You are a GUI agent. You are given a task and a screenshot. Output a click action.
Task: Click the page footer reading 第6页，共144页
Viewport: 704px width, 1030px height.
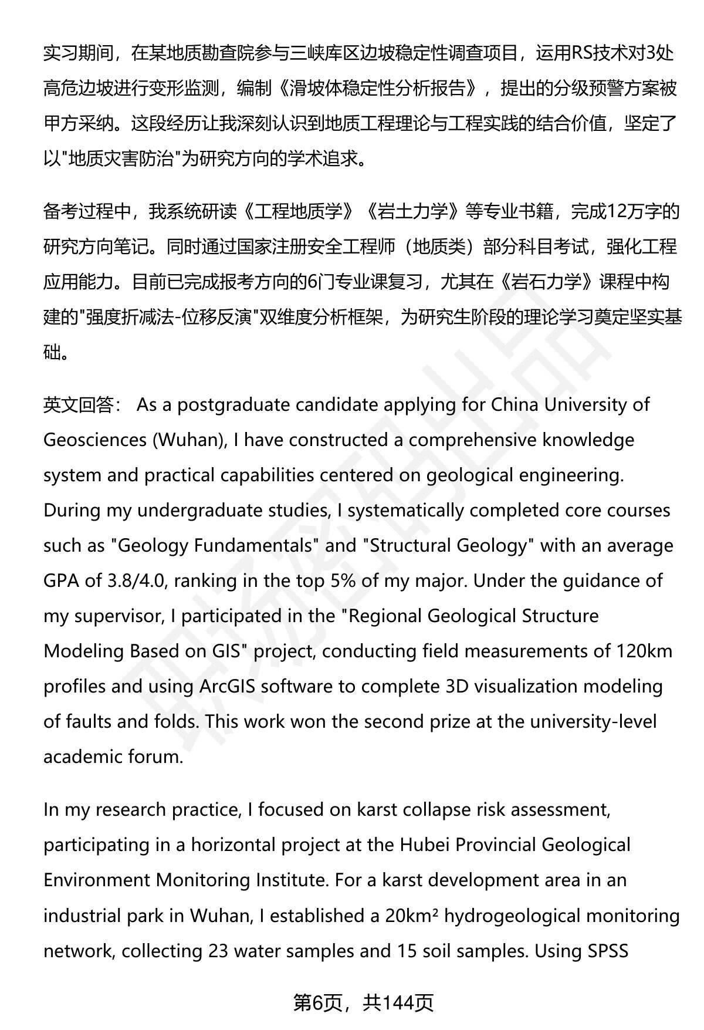click(363, 1003)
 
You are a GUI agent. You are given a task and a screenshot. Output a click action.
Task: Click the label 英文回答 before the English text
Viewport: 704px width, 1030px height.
click(79, 405)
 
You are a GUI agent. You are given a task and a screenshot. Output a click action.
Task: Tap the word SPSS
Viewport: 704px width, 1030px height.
click(608, 950)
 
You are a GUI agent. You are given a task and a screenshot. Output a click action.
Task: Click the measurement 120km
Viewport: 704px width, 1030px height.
click(644, 651)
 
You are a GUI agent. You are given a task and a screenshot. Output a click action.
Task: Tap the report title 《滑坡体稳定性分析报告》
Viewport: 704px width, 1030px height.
click(378, 89)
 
